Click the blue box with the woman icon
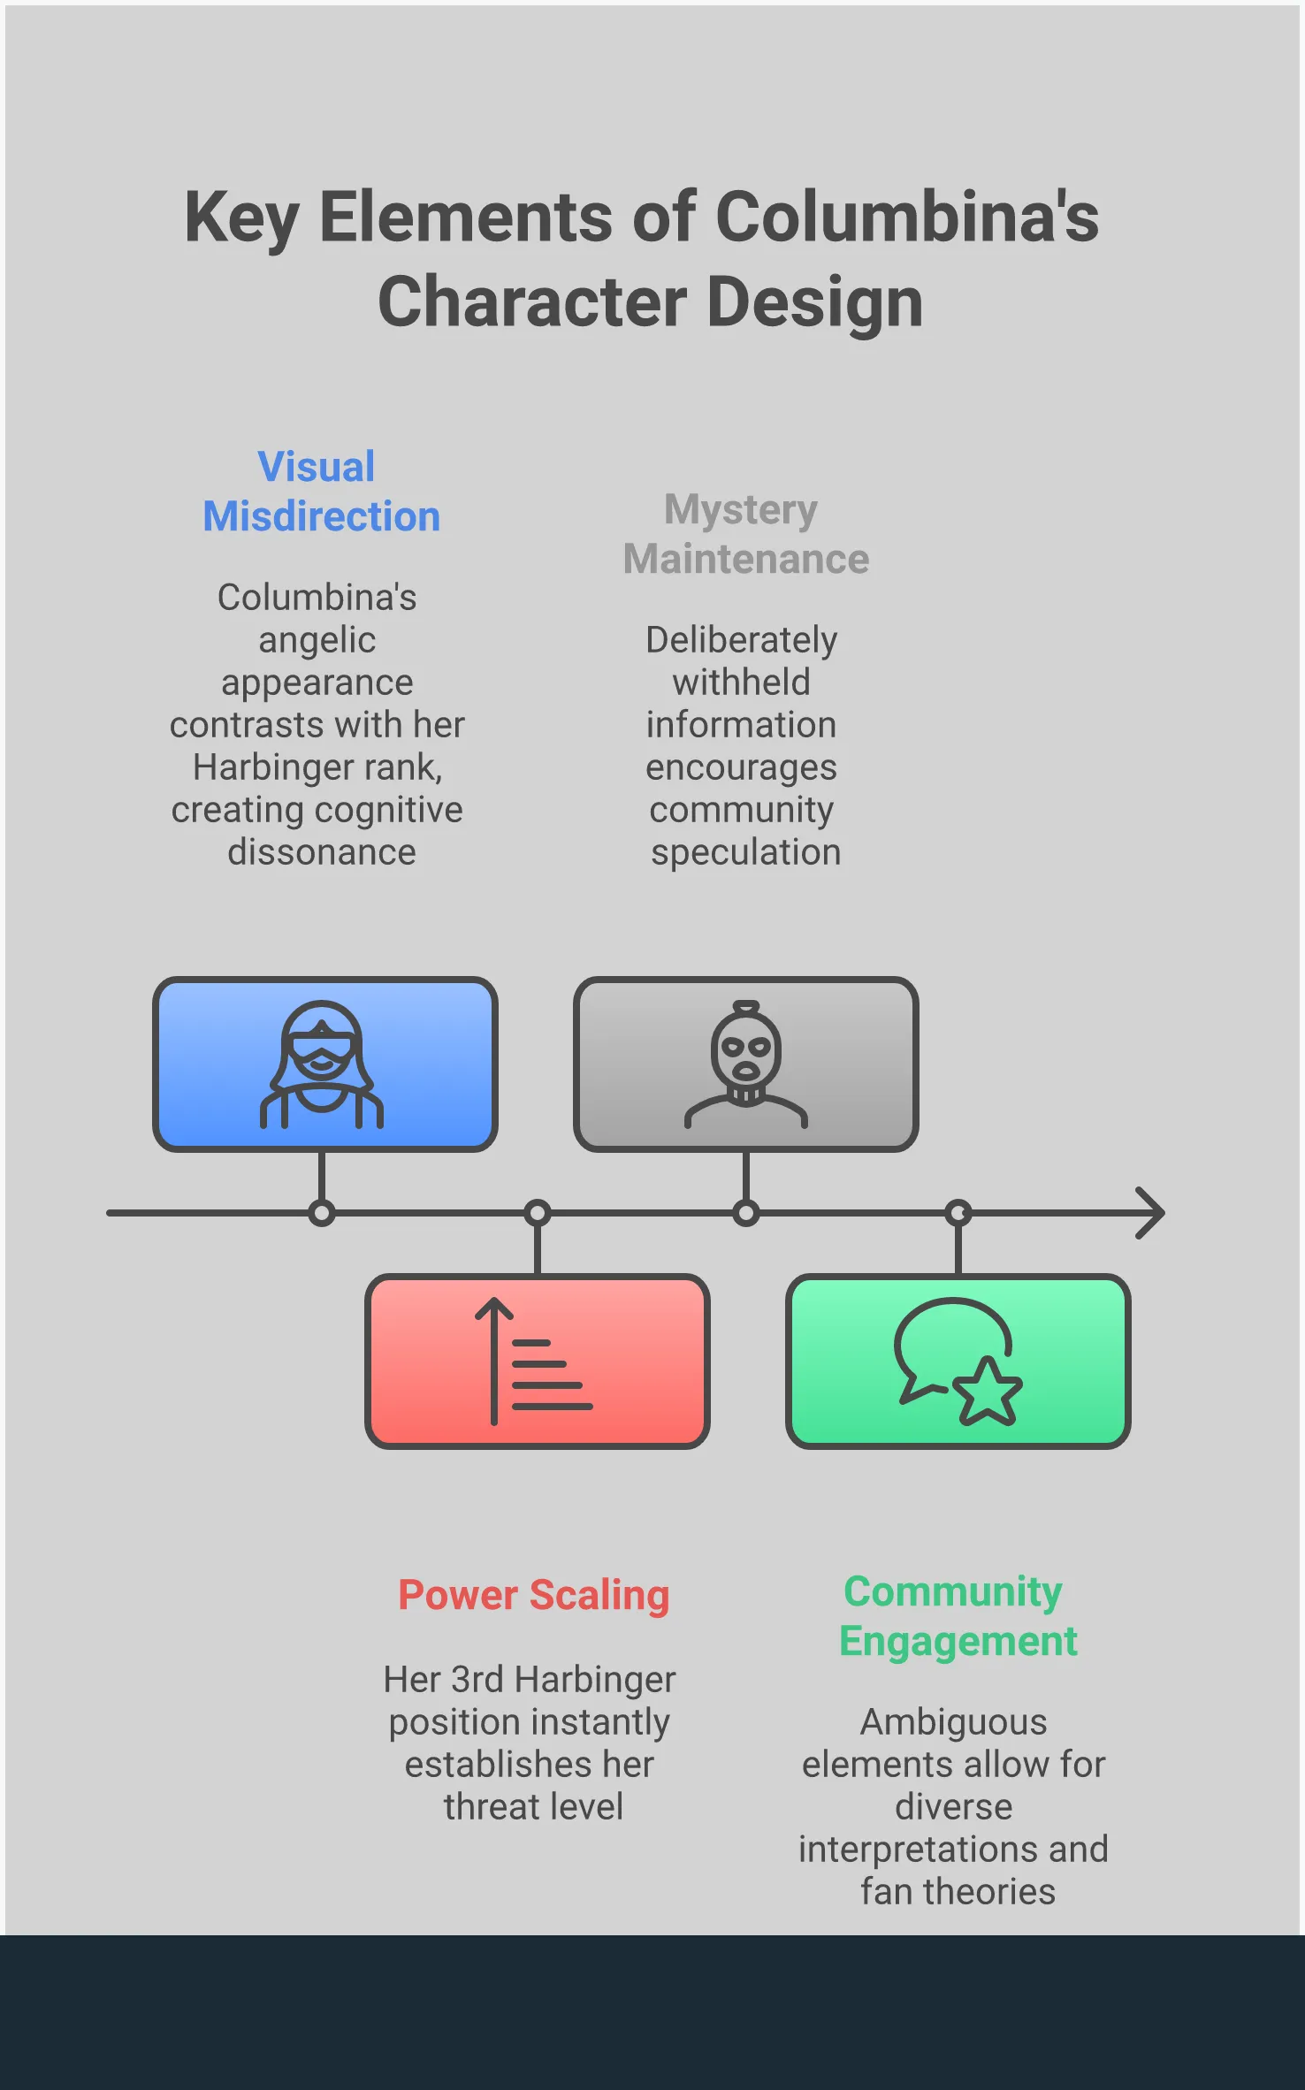pyautogui.click(x=324, y=1064)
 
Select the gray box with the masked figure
pyautogui.click(x=745, y=1064)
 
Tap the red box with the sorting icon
pyautogui.click(x=537, y=1361)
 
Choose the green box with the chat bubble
pyautogui.click(x=958, y=1361)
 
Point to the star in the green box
pyautogui.click(x=988, y=1392)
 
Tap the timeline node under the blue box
pyautogui.click(x=322, y=1213)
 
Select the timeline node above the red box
pyautogui.click(x=538, y=1213)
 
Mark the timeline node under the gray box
pyautogui.click(x=746, y=1213)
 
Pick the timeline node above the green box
pyautogui.click(x=958, y=1213)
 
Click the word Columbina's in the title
pyautogui.click(x=907, y=217)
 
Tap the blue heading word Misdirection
pyautogui.click(x=322, y=516)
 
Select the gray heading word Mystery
pyautogui.click(x=741, y=510)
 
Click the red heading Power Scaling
pyautogui.click(x=533, y=1596)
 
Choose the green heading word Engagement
pyautogui.click(x=958, y=1642)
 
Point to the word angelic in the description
pyautogui.click(x=317, y=640)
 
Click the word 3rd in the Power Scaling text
pyautogui.click(x=477, y=1680)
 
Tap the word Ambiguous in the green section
pyautogui.click(x=953, y=1722)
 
